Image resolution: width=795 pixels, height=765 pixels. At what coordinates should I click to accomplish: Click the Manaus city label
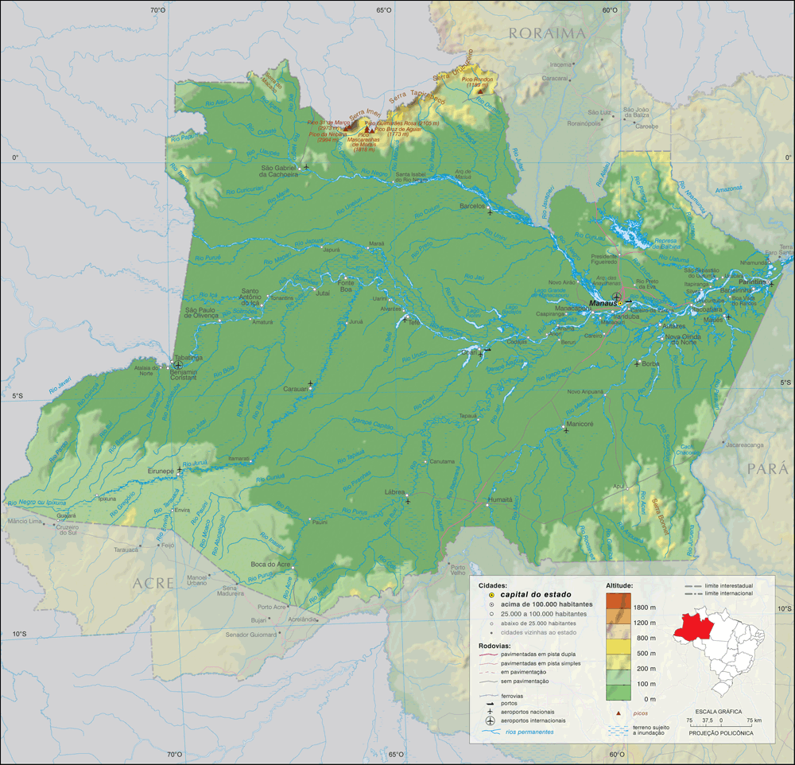click(x=603, y=302)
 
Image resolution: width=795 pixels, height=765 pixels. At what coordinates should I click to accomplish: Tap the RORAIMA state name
click(x=547, y=33)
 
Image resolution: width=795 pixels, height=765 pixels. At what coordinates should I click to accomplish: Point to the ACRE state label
click(x=153, y=583)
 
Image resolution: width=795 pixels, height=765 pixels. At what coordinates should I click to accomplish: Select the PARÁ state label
click(x=766, y=468)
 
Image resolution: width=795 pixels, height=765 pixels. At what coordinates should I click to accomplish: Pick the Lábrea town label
click(x=395, y=492)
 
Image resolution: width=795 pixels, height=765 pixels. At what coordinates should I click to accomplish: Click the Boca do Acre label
click(x=270, y=564)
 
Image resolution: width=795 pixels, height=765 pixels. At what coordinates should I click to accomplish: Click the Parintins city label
click(x=750, y=282)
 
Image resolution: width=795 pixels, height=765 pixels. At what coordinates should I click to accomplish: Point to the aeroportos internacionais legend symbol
click(x=491, y=720)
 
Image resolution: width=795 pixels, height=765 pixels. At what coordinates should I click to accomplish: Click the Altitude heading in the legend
click(x=619, y=584)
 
